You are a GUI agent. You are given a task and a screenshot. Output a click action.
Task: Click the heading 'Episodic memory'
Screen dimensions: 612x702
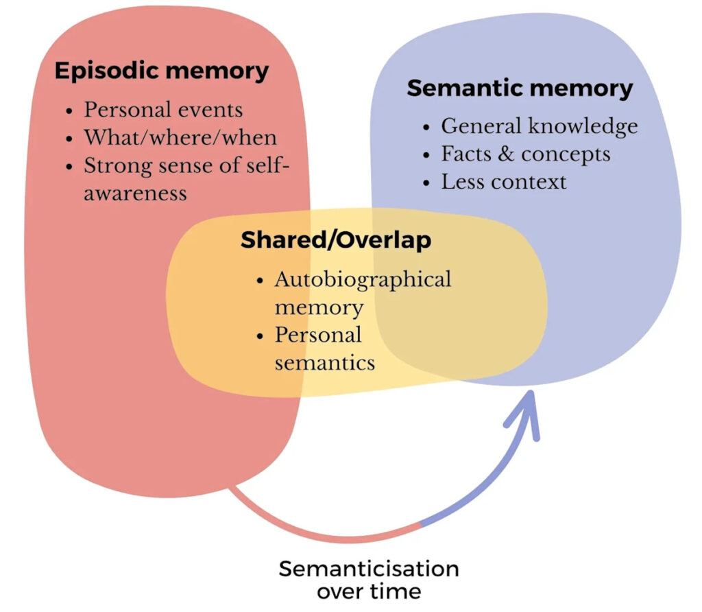[x=162, y=71]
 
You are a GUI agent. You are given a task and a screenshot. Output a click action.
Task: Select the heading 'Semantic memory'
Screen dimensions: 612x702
[x=520, y=88]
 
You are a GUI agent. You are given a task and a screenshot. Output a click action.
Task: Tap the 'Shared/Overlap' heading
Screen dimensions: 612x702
[x=336, y=240]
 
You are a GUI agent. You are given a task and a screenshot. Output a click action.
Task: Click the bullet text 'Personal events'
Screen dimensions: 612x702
[x=163, y=109]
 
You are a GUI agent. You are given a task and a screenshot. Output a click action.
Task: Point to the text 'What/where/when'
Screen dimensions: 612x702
[x=180, y=137]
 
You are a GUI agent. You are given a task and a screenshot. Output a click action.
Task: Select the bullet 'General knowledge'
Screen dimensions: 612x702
[x=539, y=126]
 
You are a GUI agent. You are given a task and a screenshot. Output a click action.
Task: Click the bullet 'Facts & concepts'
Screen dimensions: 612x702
[x=525, y=154]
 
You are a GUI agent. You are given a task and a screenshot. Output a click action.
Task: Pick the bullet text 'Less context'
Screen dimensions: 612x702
[x=503, y=181]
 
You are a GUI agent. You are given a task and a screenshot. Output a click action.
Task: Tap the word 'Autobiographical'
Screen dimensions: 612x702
[x=363, y=279]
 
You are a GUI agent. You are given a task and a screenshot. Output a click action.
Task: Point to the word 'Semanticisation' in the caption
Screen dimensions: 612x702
[x=368, y=569]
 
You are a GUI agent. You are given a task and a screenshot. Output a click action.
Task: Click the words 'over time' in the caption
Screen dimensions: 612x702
[x=369, y=591]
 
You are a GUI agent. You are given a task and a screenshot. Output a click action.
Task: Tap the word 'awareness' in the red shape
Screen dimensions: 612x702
[x=135, y=192]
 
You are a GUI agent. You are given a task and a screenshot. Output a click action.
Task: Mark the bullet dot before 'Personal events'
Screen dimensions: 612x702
[x=70, y=110]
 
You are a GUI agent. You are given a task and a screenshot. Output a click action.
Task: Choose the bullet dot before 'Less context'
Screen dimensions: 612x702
[x=427, y=183]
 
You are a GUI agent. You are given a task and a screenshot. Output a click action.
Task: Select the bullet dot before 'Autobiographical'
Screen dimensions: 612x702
[x=261, y=281]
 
